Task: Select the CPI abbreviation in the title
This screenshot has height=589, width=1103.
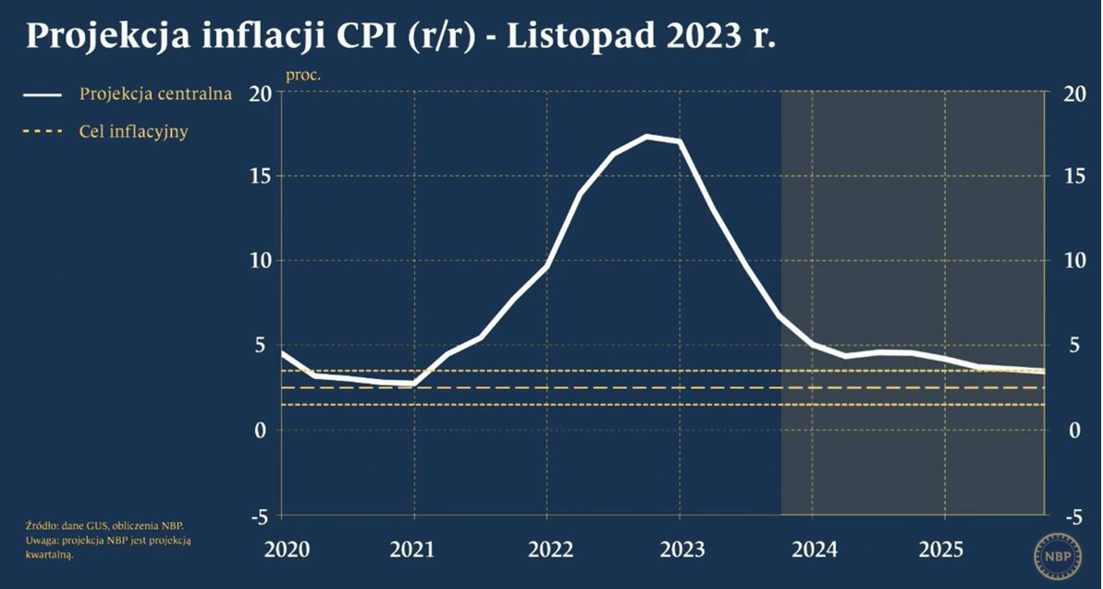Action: coord(340,36)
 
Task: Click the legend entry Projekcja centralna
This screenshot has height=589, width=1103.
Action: coord(155,94)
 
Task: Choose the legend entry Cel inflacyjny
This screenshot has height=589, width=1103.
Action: coord(133,131)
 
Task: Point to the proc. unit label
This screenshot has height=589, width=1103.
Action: coord(302,75)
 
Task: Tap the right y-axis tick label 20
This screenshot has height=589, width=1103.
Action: coord(1074,94)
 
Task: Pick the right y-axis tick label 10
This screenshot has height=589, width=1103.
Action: coord(1074,260)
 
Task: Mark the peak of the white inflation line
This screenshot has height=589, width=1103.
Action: coord(647,137)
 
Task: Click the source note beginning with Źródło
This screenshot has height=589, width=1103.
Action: coord(105,525)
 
